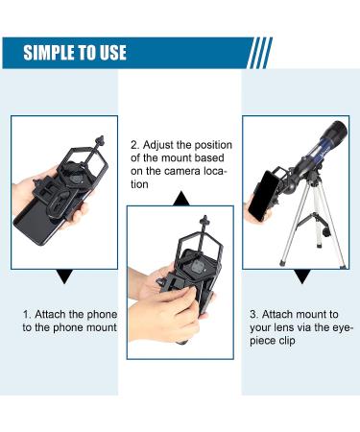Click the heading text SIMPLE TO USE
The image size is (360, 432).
point(74,52)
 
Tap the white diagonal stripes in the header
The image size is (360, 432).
point(259,52)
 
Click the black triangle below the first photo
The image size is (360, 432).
point(64,276)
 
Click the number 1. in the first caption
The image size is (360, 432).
point(28,314)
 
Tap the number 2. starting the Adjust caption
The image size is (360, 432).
point(134,145)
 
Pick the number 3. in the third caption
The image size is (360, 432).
point(253,314)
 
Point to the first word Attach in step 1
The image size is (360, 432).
point(55,314)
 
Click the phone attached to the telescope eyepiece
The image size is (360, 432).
point(259,197)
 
